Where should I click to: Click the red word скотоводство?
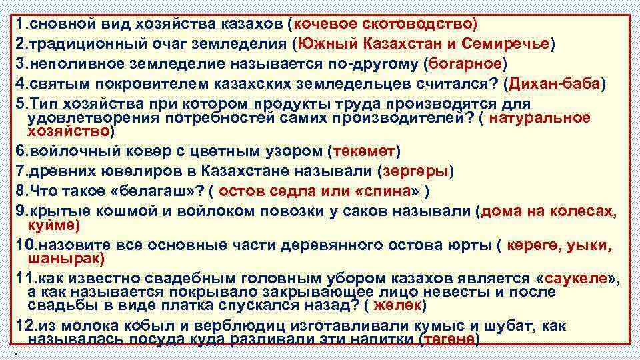pyautogui.click(x=423, y=24)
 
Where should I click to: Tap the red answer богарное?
pyautogui.click(x=465, y=64)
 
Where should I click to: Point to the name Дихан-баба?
pyautogui.click(x=554, y=85)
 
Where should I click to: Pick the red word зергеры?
pyautogui.click(x=415, y=171)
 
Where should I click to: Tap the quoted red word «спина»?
pyautogui.click(x=388, y=191)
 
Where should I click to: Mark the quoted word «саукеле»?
pyautogui.click(x=577, y=278)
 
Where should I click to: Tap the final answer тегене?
pyautogui.click(x=450, y=339)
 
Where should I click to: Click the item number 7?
pyautogui.click(x=21, y=171)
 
